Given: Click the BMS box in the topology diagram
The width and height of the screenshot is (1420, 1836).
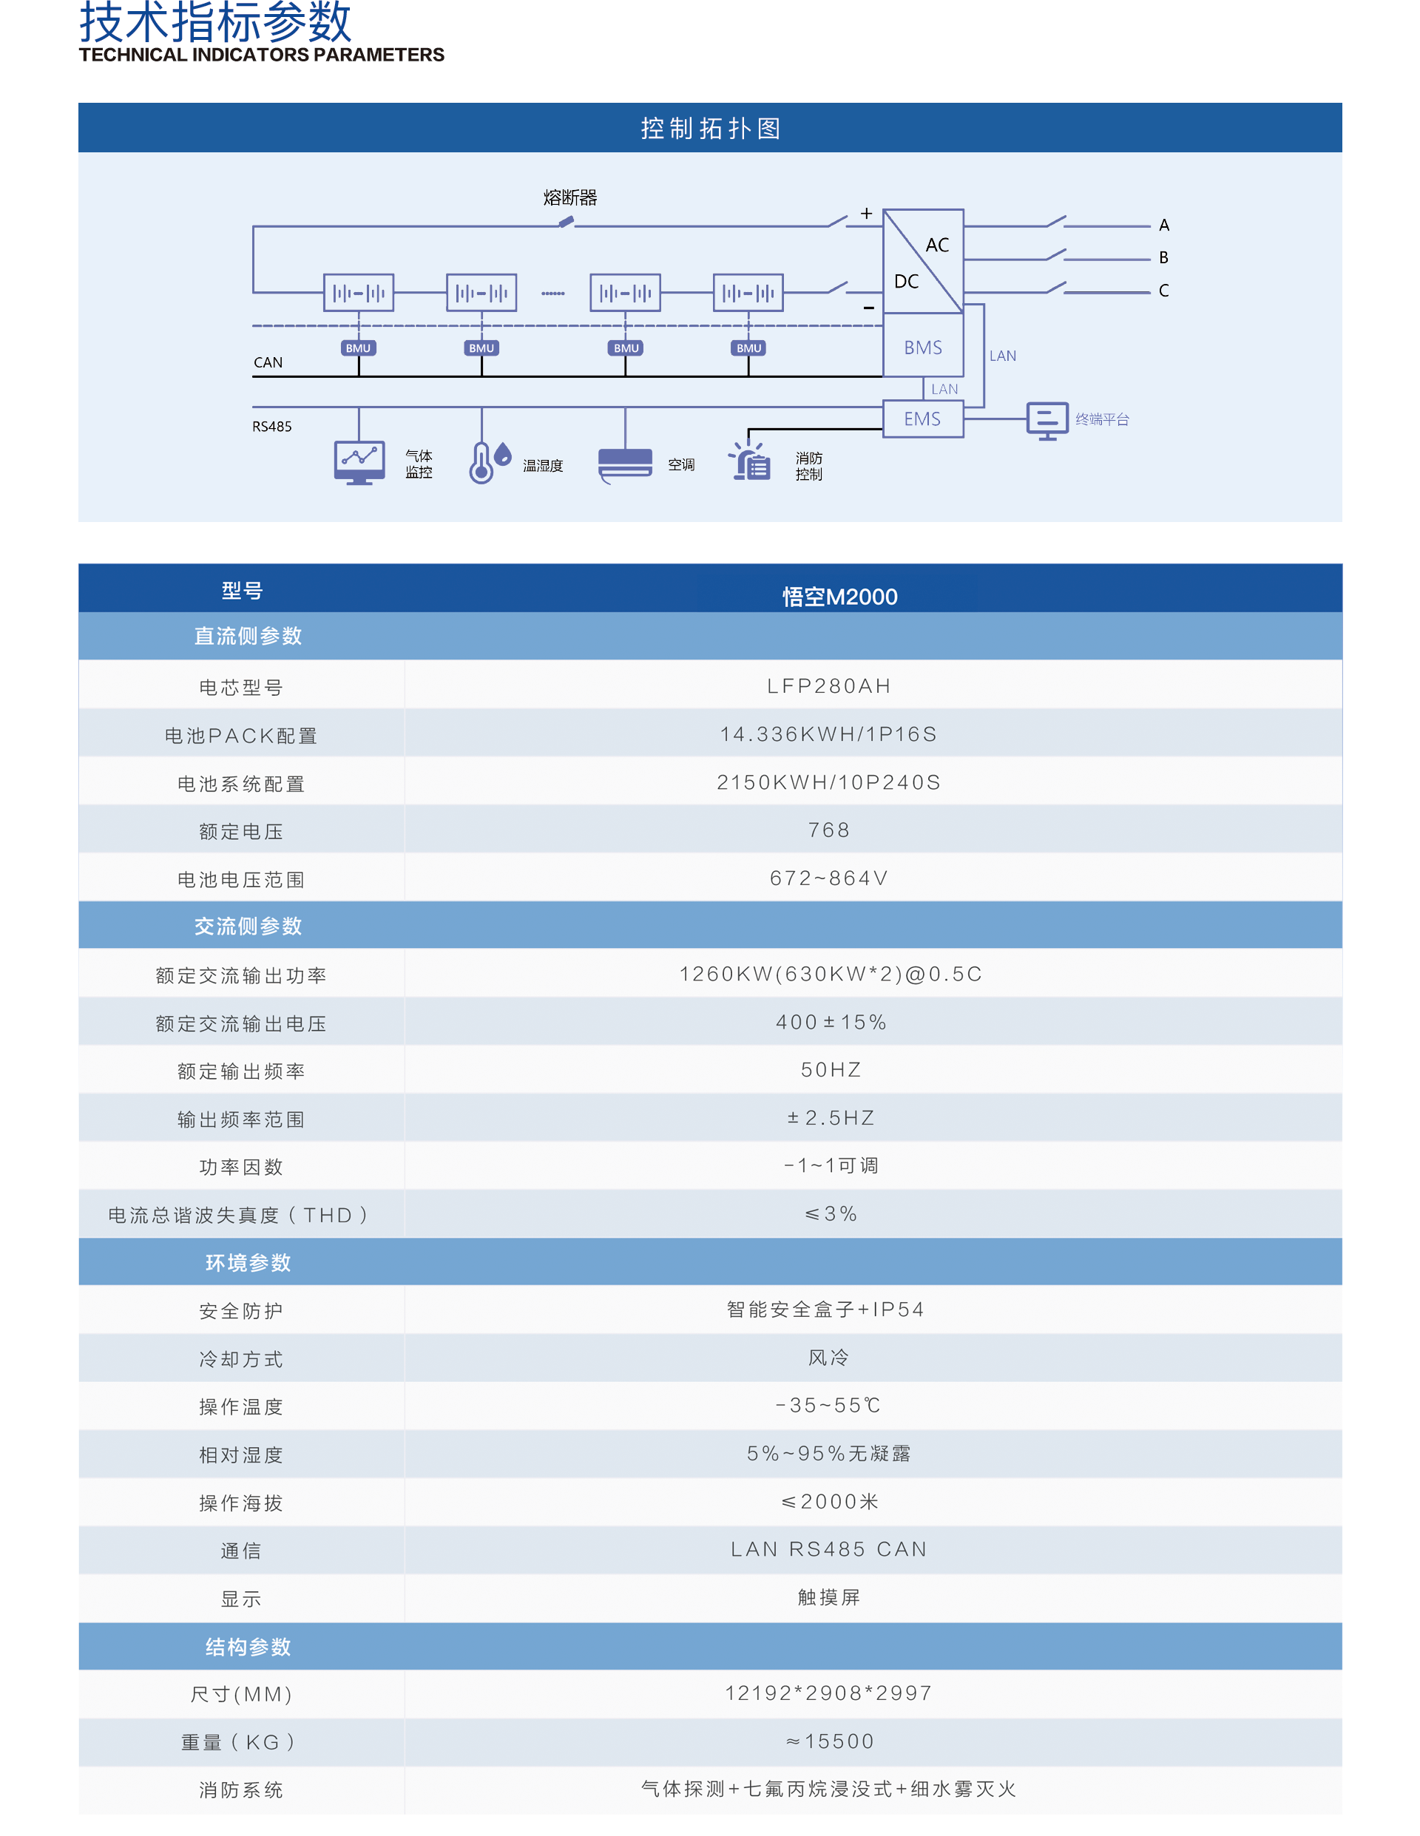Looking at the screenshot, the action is click(x=922, y=345).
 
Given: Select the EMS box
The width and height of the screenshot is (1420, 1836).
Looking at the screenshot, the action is click(x=922, y=419).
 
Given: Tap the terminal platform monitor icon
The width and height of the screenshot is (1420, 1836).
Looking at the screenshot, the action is click(x=1047, y=420).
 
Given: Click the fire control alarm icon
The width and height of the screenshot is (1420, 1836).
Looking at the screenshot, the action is click(x=749, y=461).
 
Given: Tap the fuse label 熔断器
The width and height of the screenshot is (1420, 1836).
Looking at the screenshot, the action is click(x=570, y=197).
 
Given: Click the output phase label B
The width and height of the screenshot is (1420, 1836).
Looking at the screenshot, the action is click(x=1163, y=257).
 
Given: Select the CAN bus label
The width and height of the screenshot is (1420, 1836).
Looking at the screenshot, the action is click(x=268, y=362).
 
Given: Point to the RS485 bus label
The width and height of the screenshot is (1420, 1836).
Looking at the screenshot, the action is click(x=271, y=426).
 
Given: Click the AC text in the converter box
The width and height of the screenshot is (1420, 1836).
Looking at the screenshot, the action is click(x=937, y=245).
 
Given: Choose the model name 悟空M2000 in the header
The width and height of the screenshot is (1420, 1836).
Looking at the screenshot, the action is click(x=840, y=597).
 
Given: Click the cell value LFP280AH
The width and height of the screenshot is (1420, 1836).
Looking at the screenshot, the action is click(x=829, y=686).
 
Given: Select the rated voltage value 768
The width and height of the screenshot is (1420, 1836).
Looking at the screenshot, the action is click(x=829, y=830).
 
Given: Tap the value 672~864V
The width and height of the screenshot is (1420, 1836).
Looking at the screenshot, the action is click(x=829, y=878).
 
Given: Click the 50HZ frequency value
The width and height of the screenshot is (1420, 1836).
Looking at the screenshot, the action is click(x=831, y=1069).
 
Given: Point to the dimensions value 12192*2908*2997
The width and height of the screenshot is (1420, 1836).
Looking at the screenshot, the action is click(x=829, y=1693).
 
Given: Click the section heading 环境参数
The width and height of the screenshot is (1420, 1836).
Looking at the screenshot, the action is click(x=248, y=1263).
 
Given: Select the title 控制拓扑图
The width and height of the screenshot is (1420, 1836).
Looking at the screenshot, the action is click(x=711, y=128).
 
